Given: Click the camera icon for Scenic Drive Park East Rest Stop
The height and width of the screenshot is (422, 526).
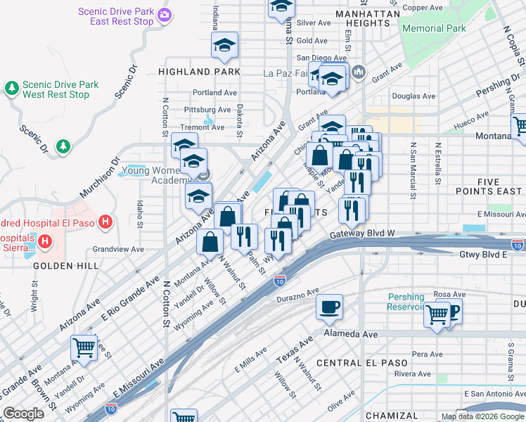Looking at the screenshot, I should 165,15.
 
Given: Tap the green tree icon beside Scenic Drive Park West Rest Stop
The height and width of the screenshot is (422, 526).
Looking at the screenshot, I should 11,88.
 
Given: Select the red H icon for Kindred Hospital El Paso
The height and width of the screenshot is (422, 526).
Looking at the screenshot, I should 105,223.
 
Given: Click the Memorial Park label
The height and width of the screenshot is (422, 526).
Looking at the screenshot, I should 434,29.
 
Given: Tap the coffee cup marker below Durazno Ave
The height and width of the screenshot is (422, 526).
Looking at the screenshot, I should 329,306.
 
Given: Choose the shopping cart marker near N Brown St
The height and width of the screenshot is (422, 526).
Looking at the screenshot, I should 84,346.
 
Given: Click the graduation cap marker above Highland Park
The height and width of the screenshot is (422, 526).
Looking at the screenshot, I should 224,46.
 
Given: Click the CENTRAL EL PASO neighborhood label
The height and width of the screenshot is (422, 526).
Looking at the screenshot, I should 361,363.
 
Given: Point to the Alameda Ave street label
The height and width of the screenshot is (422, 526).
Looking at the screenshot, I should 351,334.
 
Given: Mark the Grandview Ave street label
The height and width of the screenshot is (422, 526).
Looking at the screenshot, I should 118,249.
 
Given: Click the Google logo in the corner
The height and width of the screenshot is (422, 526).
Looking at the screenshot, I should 24,414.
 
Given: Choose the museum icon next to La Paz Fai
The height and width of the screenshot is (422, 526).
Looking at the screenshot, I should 359,72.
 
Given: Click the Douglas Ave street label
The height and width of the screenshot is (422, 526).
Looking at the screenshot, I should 413,96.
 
